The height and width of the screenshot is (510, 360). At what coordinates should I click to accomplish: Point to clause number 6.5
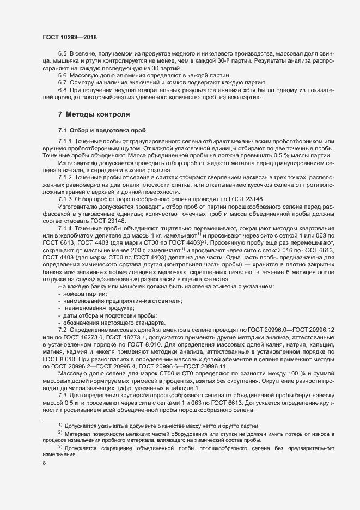click(62, 54)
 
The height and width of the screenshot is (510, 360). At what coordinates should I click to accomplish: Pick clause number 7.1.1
click(65, 142)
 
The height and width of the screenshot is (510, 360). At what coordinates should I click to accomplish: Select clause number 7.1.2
click(65, 178)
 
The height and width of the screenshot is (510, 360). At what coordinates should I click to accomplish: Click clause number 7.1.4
click(65, 228)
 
